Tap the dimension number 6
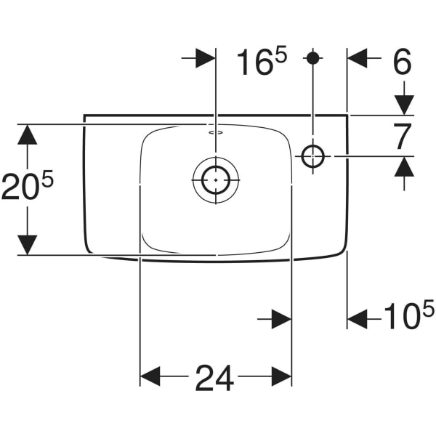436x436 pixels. pos(401,62)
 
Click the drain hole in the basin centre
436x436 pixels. pos(216,177)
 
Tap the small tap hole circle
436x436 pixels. pos(313,155)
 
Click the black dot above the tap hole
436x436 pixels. pos(313,57)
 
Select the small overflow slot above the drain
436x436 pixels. pos(215,134)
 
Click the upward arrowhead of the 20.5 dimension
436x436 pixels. pos(27,134)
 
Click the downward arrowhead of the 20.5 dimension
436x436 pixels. pos(27,246)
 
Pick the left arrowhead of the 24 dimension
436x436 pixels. pos(150,376)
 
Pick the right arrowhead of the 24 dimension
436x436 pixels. pos(282,376)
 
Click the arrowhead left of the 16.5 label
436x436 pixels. pos(206,60)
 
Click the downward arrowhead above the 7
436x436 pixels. pos(404,105)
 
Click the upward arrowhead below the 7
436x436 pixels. pos(404,166)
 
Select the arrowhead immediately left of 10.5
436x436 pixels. pos(358,318)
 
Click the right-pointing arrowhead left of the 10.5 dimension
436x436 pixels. pos(282,318)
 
